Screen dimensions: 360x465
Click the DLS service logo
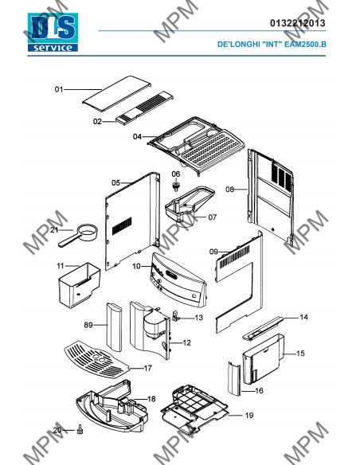[x=53, y=33]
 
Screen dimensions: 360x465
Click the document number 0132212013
[x=297, y=23]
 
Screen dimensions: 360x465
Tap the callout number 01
[x=59, y=89]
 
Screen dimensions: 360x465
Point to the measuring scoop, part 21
[x=78, y=235]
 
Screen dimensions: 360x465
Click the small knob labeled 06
[x=176, y=187]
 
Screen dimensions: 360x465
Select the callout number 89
[x=88, y=325]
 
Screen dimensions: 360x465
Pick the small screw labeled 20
[x=80, y=430]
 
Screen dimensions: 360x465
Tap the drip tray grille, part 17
[x=96, y=359]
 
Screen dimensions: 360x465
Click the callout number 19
[x=249, y=415]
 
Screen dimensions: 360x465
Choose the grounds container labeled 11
[x=80, y=285]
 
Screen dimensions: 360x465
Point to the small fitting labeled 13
[x=175, y=316]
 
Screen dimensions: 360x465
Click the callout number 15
[x=300, y=354]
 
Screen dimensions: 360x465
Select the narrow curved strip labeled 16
[x=234, y=379]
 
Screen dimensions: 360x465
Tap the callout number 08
[x=230, y=190]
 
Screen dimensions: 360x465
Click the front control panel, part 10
[x=178, y=279]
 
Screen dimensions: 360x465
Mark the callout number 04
[x=137, y=137]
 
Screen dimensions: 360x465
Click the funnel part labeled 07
[x=190, y=205]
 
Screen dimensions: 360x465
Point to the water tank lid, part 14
[x=263, y=328]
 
